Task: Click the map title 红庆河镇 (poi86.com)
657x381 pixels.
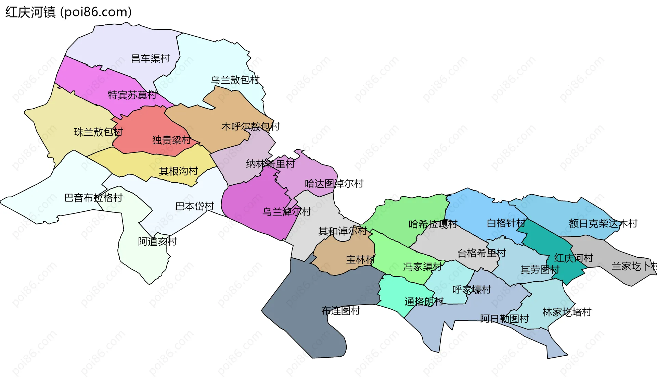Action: (x=68, y=12)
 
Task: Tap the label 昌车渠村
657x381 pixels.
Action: (x=151, y=59)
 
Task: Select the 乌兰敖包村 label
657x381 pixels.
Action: (x=235, y=80)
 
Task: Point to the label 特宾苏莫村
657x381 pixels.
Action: (x=132, y=95)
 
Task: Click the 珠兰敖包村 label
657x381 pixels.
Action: (x=98, y=132)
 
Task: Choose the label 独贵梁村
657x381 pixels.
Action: (x=171, y=140)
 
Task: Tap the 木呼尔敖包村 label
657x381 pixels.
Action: (x=250, y=126)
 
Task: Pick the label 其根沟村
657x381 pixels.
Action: (x=179, y=171)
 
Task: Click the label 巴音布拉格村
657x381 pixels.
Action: (x=93, y=198)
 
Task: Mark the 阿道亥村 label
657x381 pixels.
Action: (x=157, y=242)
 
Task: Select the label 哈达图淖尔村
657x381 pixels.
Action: (x=334, y=184)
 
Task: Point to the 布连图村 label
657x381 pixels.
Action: (x=341, y=311)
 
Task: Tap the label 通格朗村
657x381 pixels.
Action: (x=424, y=302)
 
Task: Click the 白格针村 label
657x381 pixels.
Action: (x=506, y=223)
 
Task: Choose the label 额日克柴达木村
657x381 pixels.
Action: (x=603, y=224)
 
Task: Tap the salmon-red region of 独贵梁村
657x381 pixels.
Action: (x=144, y=130)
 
